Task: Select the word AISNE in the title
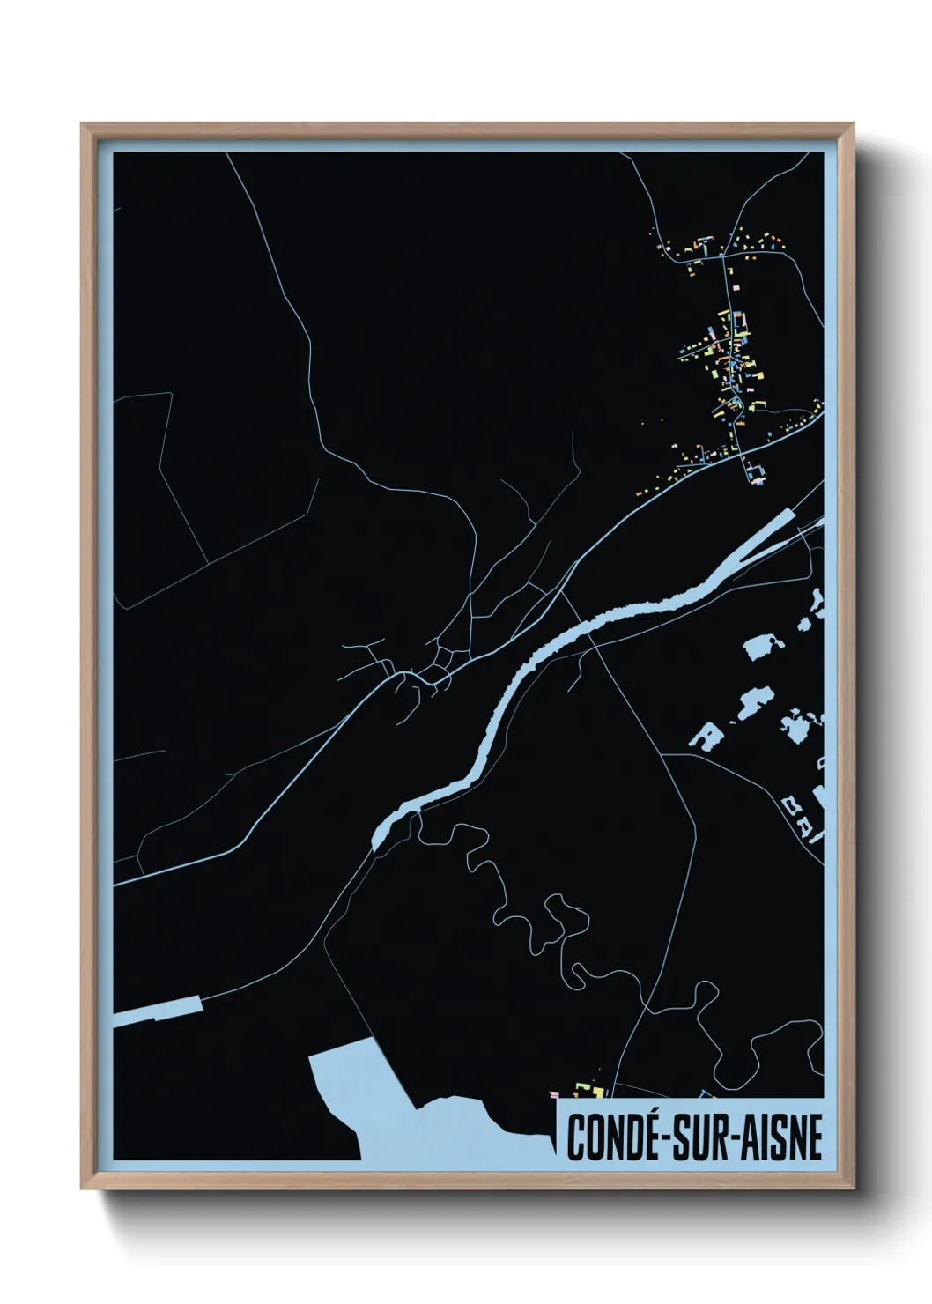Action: [787, 1137]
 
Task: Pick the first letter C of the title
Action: [576, 1137]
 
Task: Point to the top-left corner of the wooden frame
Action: [82, 124]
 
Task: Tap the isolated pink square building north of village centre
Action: [736, 286]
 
